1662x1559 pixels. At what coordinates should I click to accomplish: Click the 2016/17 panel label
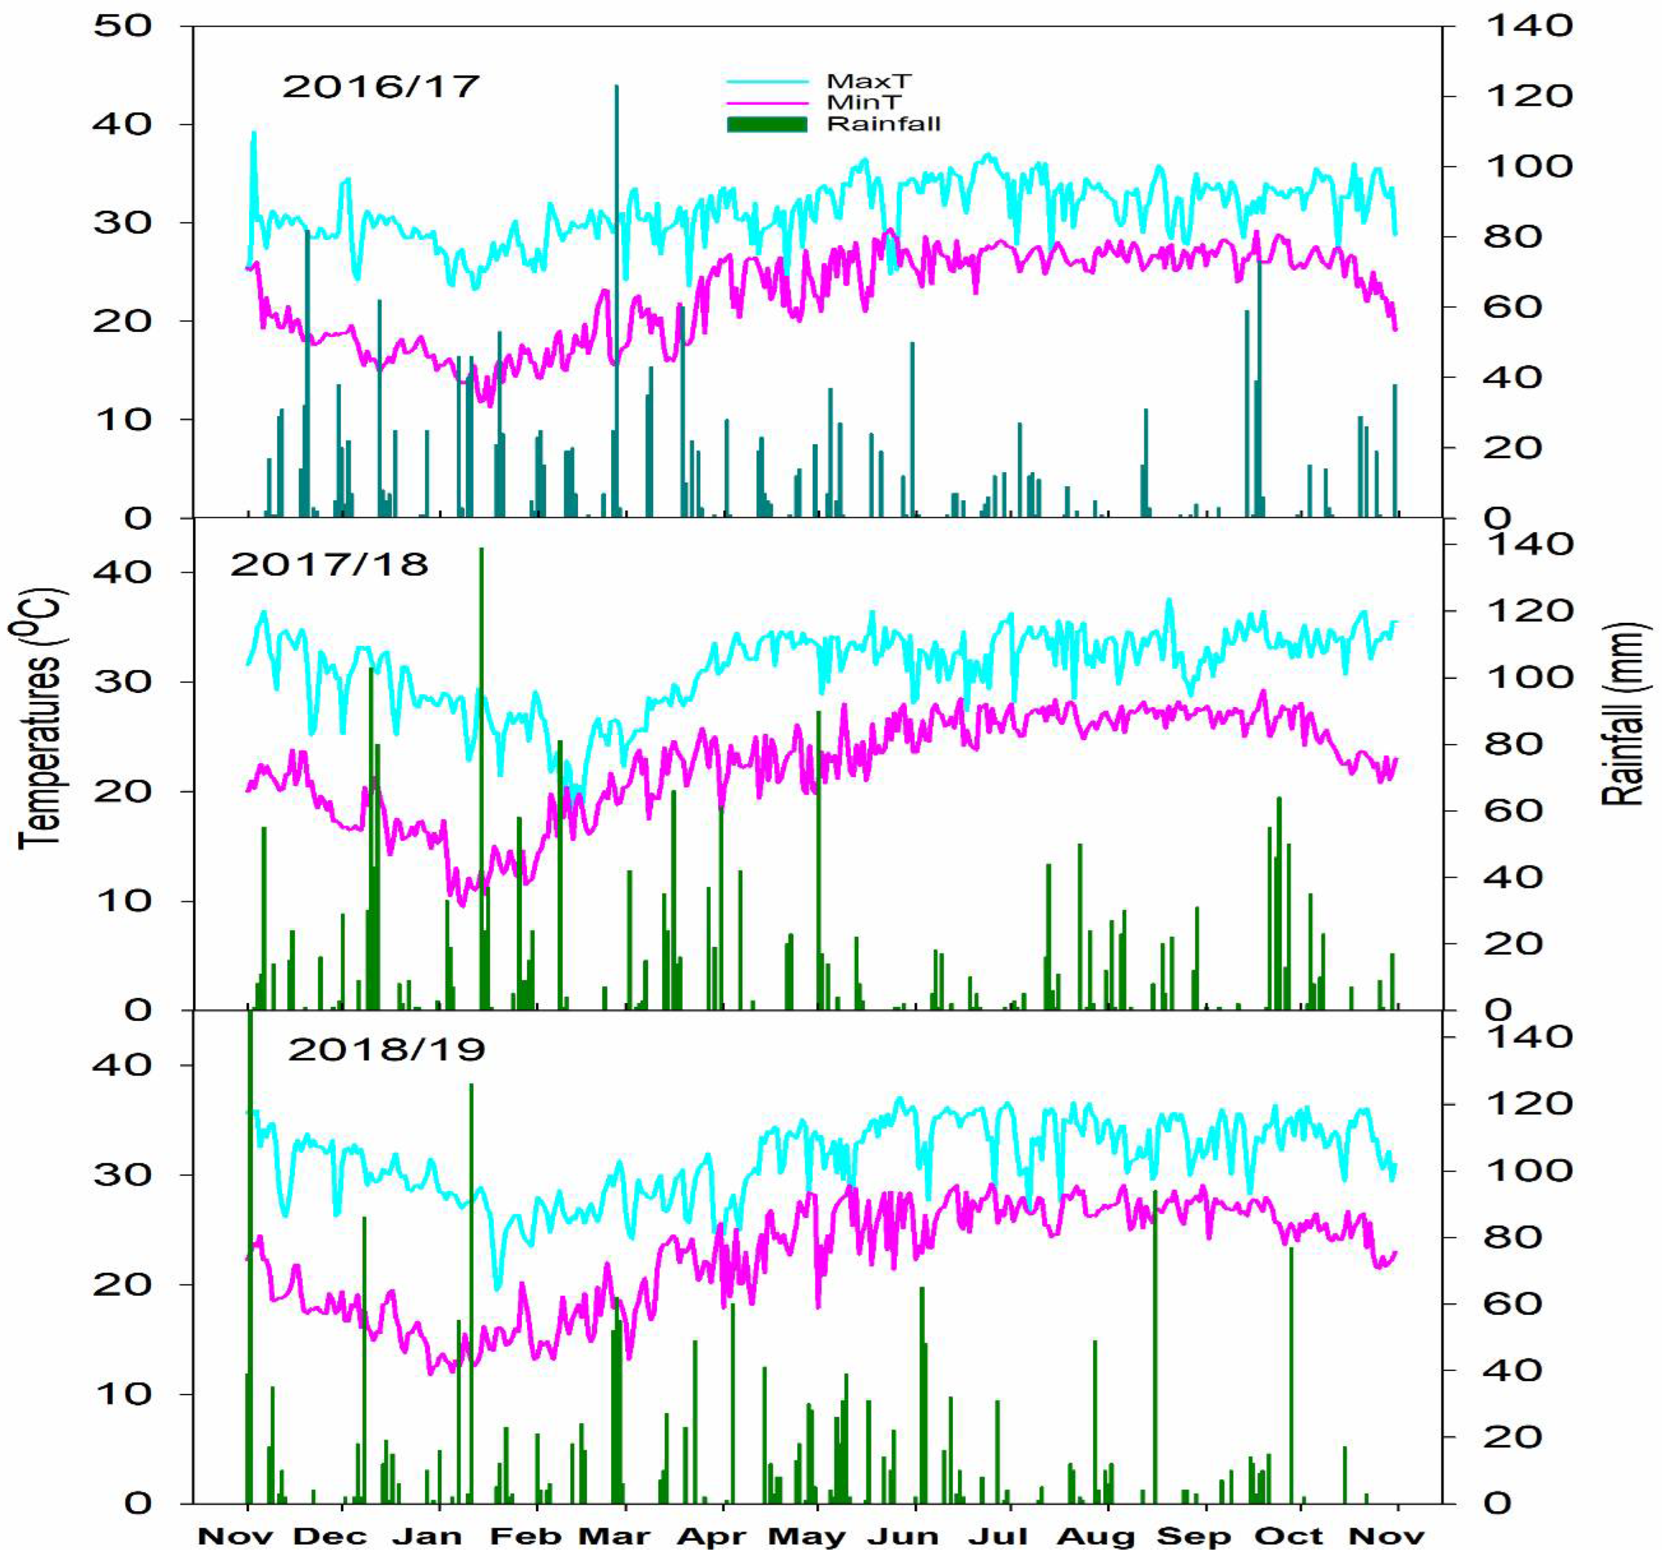pyautogui.click(x=381, y=86)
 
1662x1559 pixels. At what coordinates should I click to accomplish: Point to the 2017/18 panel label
pyautogui.click(x=329, y=565)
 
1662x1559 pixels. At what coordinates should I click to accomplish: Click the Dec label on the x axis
pyautogui.click(x=330, y=1537)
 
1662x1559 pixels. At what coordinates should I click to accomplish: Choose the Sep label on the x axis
pyautogui.click(x=1193, y=1537)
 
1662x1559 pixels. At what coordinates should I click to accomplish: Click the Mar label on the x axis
pyautogui.click(x=614, y=1537)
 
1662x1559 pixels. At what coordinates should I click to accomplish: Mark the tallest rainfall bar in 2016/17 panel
pyautogui.click(x=616, y=301)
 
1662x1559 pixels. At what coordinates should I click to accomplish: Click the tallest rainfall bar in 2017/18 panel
pyautogui.click(x=481, y=778)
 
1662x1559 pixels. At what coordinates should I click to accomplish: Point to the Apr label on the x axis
pyautogui.click(x=711, y=1537)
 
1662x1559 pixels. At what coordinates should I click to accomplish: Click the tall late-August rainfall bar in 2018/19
pyautogui.click(x=1155, y=1347)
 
